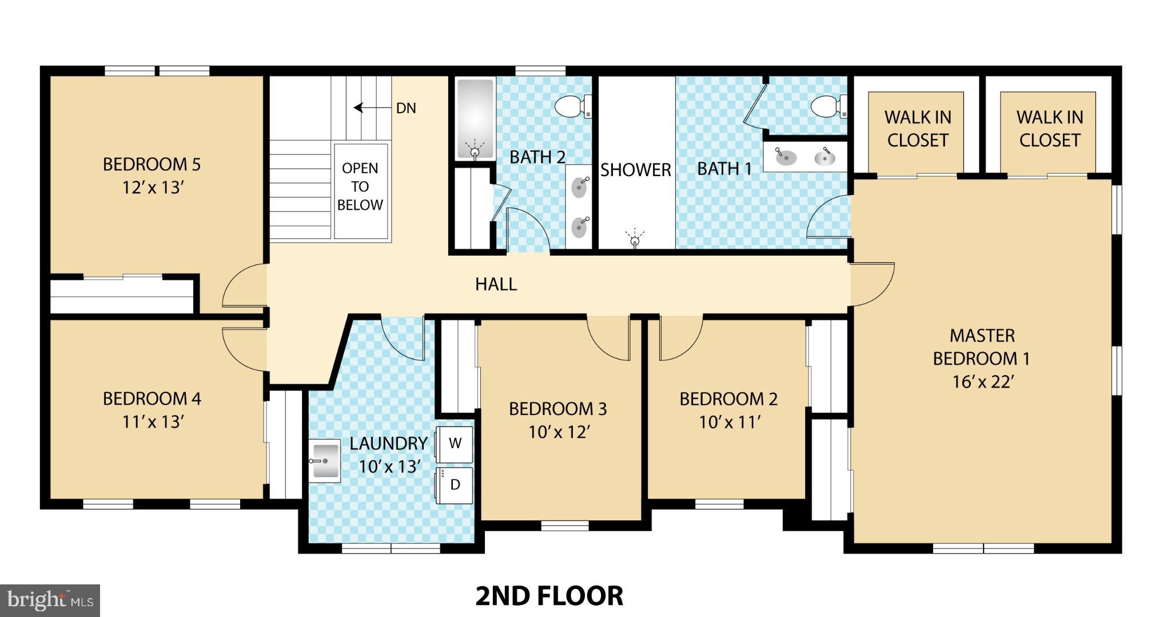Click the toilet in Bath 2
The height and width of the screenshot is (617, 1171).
click(x=572, y=107)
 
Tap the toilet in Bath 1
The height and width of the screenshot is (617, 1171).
click(x=829, y=106)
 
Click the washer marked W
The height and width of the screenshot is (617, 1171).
click(x=455, y=444)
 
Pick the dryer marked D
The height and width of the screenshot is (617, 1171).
click(x=455, y=485)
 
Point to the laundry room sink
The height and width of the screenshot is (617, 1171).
click(x=325, y=461)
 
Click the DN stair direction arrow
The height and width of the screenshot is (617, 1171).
click(x=366, y=108)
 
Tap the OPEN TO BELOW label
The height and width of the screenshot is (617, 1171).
click(x=360, y=186)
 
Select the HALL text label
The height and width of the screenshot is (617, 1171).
click(x=496, y=284)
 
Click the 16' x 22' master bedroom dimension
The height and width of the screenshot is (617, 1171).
click(x=982, y=382)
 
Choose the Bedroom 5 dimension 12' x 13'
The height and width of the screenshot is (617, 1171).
click(x=152, y=188)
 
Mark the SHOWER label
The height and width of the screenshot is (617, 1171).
click(x=635, y=170)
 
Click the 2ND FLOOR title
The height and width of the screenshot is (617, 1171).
click(x=549, y=596)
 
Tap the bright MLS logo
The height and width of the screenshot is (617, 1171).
click(x=50, y=600)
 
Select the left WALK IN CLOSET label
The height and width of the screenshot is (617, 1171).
click(x=917, y=129)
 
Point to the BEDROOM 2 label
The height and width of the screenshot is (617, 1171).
click(x=728, y=399)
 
